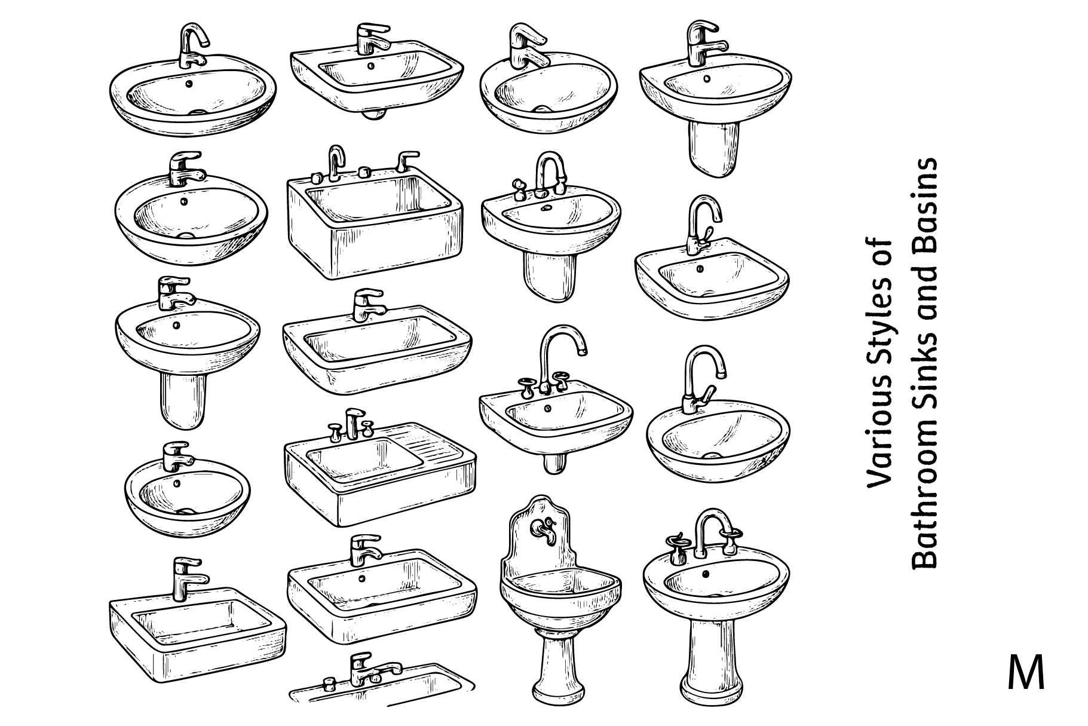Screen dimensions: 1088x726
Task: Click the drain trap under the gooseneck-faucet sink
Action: pos(555,462)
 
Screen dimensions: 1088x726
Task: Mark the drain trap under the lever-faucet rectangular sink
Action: pos(375,114)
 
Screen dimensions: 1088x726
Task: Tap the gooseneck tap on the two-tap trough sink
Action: pos(336,161)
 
